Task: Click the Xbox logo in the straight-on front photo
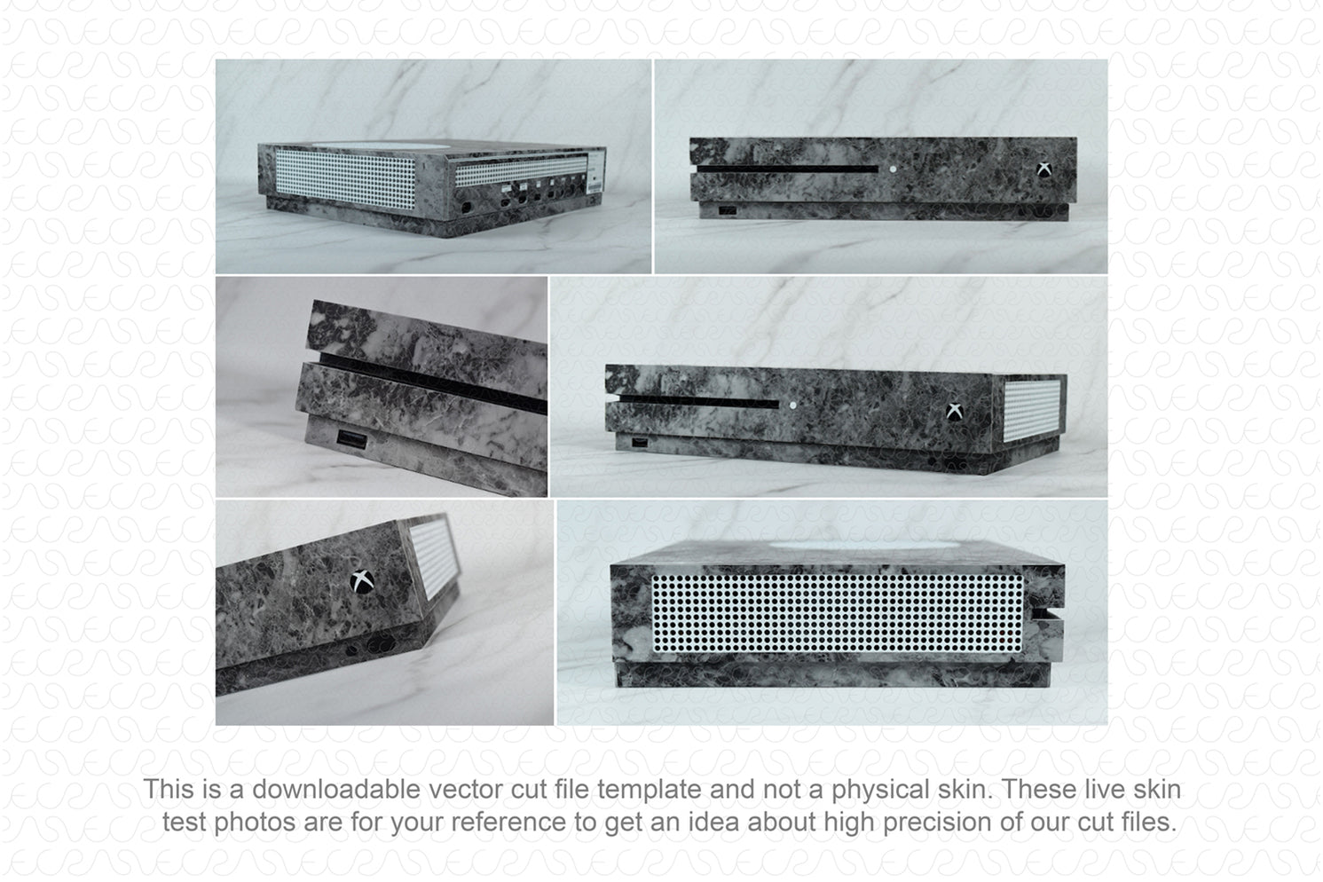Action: [1044, 169]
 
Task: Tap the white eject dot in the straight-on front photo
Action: [893, 169]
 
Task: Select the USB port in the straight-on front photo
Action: [728, 209]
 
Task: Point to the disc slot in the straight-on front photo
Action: [787, 169]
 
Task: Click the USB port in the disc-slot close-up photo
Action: [352, 439]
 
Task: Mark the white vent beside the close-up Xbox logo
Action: [434, 556]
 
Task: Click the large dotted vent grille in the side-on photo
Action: [837, 612]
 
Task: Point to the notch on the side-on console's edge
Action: [1048, 613]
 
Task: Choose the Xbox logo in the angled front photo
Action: [954, 412]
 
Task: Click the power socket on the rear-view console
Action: [466, 208]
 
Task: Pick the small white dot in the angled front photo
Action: [792, 406]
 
